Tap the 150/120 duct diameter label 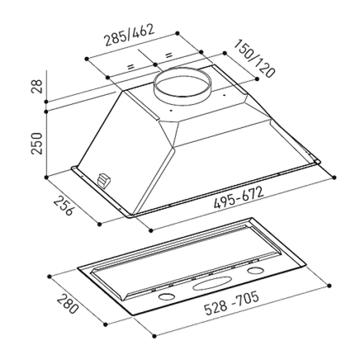pos(254,59)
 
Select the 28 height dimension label pos(36,86)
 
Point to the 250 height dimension pos(36,143)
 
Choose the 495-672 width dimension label pos(239,197)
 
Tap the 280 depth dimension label pos(67,304)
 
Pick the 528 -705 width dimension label pos(231,303)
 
